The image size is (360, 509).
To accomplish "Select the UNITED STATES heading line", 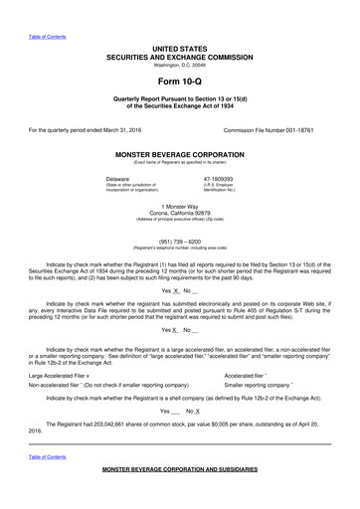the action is point(179,48).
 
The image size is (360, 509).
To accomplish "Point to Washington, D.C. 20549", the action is point(179,65).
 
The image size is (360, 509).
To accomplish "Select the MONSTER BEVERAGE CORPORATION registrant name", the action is point(179,156).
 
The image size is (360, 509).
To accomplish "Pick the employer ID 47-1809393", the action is point(218,178).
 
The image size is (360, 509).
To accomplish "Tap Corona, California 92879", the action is point(179,212).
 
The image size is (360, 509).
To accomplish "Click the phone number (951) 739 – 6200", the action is point(179,240).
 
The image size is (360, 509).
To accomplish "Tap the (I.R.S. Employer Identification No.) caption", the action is point(218,186).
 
